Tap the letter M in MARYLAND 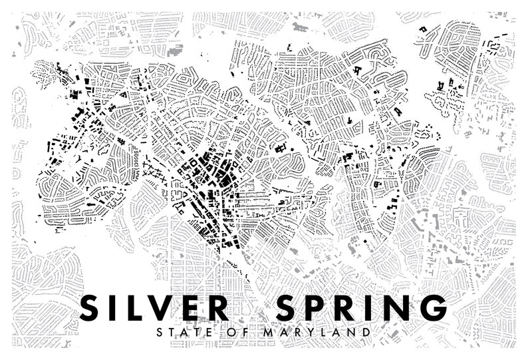pyautogui.click(x=251, y=331)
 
